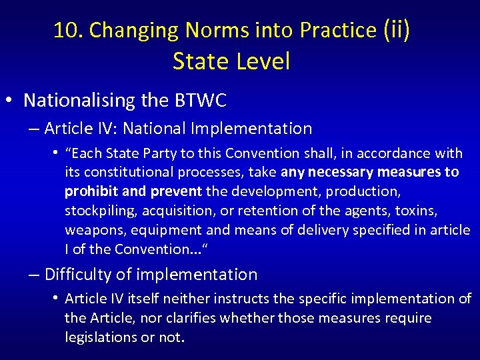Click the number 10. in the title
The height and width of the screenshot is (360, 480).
[68, 30]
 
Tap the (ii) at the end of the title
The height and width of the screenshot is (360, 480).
[397, 30]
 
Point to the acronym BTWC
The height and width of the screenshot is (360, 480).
[201, 101]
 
